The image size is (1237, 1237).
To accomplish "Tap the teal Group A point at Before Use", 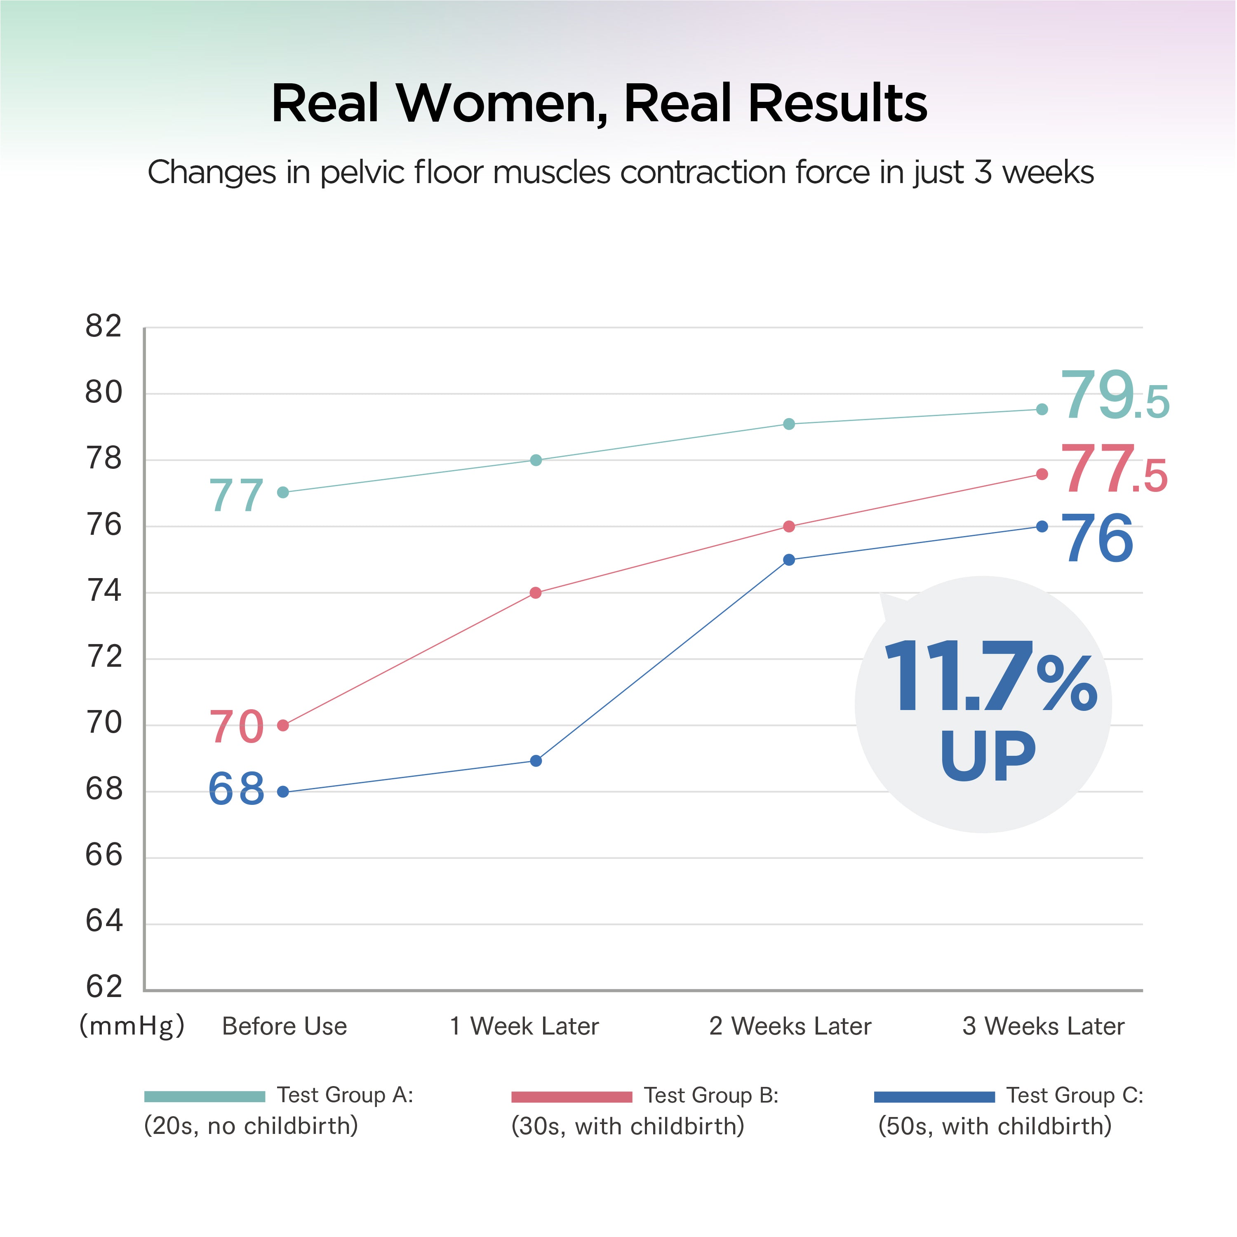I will click(x=283, y=492).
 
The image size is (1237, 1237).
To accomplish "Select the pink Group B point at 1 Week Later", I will click(x=536, y=593).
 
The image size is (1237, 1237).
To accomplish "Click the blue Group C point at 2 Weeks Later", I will click(x=789, y=560).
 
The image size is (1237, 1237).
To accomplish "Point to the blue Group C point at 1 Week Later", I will click(x=536, y=761).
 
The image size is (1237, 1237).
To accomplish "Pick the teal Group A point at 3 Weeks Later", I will click(x=1042, y=409).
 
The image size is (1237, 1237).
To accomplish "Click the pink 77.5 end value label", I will click(x=1114, y=470).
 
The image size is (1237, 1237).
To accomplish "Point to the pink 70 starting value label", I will click(x=236, y=727).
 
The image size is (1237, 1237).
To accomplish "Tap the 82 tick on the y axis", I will click(x=104, y=327).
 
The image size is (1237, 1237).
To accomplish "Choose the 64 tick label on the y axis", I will click(x=104, y=921).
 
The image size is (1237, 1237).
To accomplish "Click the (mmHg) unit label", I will click(x=132, y=1026).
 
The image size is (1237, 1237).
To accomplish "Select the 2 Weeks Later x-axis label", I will click(x=790, y=1026).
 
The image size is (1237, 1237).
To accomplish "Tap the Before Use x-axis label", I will click(x=284, y=1026).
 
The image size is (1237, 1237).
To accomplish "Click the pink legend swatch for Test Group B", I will click(x=572, y=1097).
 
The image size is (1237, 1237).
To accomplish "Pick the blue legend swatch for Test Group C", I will click(x=934, y=1097).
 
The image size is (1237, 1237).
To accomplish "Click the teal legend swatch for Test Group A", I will click(x=204, y=1097).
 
